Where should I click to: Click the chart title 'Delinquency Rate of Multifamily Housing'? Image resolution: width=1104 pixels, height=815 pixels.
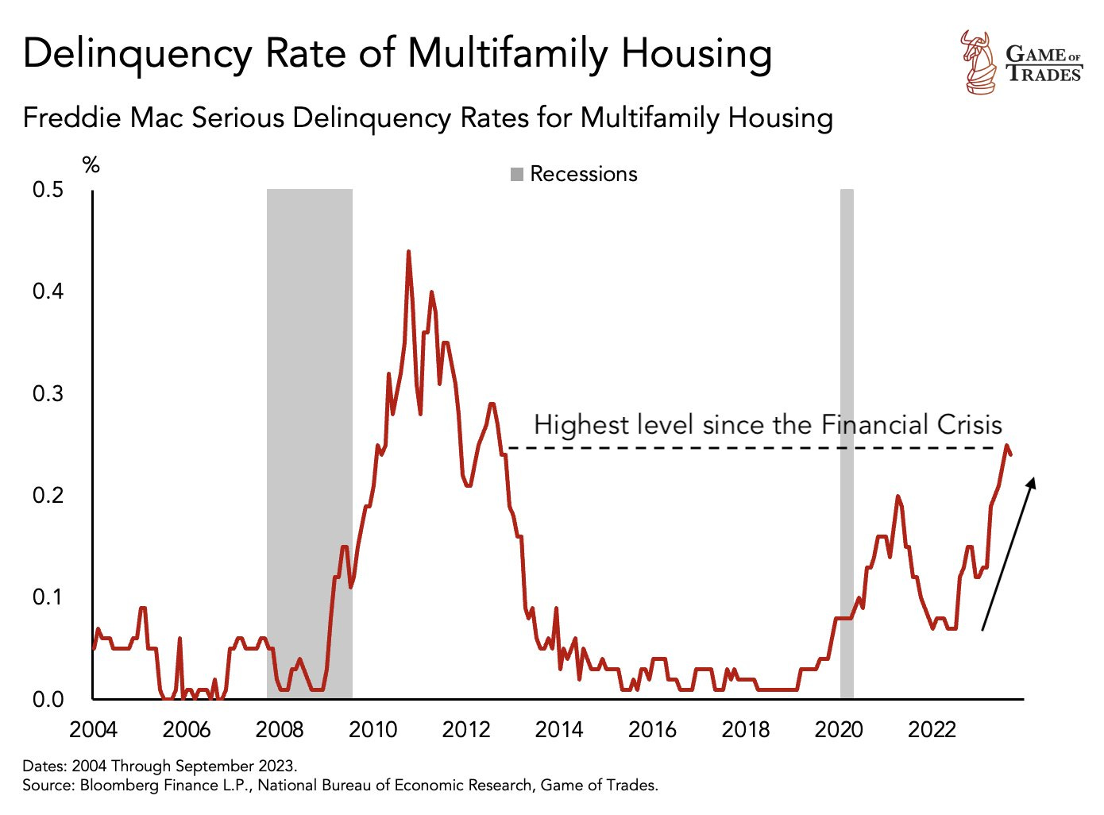pos(397,53)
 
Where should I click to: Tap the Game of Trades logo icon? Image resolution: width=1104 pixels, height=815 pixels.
pos(978,62)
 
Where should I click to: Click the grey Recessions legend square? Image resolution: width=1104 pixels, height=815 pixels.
pos(517,174)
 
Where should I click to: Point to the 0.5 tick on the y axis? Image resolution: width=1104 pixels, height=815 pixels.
pos(48,190)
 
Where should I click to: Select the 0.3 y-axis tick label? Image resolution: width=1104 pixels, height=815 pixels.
pos(48,394)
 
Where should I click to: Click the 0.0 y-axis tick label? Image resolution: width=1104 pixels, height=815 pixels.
pos(48,700)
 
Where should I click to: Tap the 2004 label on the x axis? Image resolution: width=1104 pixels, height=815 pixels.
pos(93,729)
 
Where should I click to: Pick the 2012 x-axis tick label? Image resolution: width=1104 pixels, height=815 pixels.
pos(466,729)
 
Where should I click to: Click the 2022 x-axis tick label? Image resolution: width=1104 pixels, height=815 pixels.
pos(932,729)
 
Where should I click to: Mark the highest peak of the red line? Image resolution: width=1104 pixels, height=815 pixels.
pos(408,252)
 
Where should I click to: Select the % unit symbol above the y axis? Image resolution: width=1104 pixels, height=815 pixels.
pos(91,164)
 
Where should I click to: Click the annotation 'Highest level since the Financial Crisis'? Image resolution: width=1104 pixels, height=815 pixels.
pos(767,424)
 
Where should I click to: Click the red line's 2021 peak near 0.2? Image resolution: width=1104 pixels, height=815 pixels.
pos(898,496)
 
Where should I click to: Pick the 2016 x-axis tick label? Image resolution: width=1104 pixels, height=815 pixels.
pos(652,729)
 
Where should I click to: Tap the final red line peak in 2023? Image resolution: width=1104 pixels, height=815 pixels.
pos(1006,446)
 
